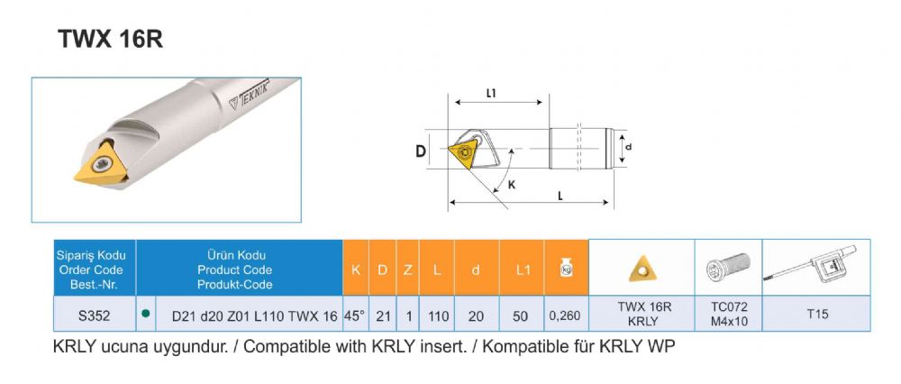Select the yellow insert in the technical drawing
coord(464,150)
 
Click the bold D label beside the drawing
coord(420,151)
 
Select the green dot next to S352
coord(145,314)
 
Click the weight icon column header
coord(566,268)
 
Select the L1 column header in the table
coord(521,269)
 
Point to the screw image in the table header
coord(728,267)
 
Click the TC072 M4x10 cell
coord(728,314)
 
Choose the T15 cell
coord(816,314)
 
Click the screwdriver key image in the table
coord(816,266)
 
